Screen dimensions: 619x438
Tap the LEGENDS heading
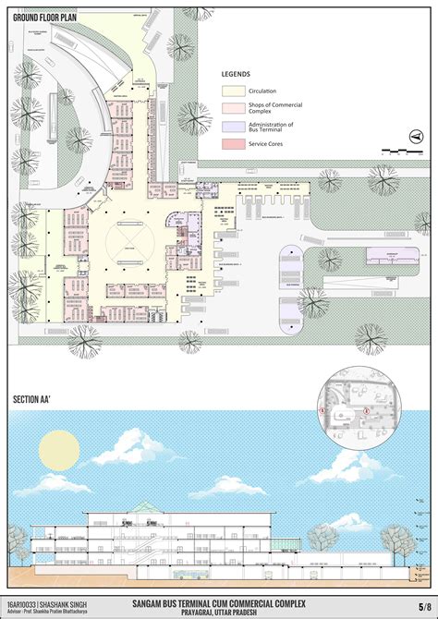(236, 74)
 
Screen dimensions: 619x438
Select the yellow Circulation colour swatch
(233, 91)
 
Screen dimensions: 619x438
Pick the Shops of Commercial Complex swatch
(233, 108)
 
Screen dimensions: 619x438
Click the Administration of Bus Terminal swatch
(233, 126)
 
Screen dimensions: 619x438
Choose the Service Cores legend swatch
(233, 143)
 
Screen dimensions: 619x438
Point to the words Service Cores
(268, 143)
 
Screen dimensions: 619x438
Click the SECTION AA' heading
(33, 399)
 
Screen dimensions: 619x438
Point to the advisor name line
(55, 612)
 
